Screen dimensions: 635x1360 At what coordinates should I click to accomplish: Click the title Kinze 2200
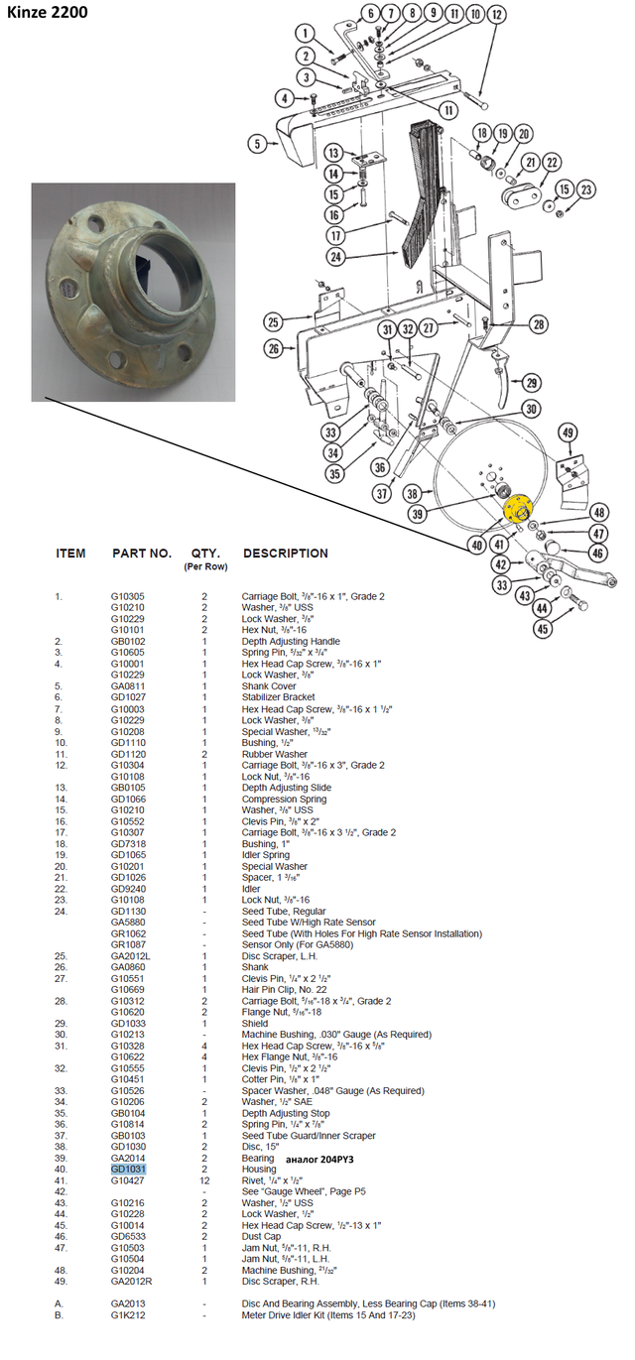tap(47, 12)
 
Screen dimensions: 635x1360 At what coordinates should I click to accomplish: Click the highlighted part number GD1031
tap(128, 1169)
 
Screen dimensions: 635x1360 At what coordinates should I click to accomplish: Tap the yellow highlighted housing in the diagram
tap(518, 508)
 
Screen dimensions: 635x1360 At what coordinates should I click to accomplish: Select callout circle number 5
tap(257, 144)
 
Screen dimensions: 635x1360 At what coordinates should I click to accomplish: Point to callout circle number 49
tap(568, 433)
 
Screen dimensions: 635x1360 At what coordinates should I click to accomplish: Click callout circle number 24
tap(335, 257)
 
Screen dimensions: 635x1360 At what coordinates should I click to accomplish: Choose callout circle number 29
tap(532, 383)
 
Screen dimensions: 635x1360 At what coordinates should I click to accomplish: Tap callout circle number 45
tap(543, 628)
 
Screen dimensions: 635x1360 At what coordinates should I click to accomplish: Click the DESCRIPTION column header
tap(286, 554)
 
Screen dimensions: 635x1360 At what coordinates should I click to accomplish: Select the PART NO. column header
tap(142, 554)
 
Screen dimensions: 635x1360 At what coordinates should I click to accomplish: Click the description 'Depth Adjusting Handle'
tap(291, 641)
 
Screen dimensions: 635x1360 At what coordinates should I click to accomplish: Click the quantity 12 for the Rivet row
tap(204, 1180)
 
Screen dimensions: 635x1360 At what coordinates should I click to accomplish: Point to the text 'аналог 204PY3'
tap(319, 1159)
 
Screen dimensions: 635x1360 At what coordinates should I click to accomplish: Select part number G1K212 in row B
tap(127, 1315)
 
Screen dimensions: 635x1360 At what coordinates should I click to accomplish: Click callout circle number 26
tap(274, 348)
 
